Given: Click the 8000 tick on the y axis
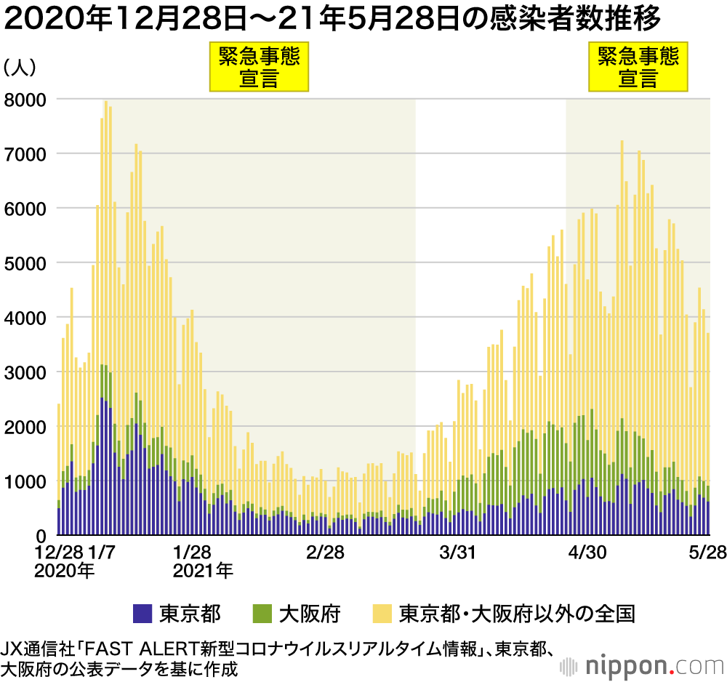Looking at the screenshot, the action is point(25,100).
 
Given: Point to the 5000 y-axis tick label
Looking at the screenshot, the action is point(25,264).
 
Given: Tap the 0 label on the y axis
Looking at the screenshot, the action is point(41,537).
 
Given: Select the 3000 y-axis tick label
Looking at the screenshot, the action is point(25,373).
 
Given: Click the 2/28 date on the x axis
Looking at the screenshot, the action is point(325,552).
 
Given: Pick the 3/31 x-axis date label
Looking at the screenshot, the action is point(457,552).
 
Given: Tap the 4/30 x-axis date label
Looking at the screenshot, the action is point(587,552).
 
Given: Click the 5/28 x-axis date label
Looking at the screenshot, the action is point(707,552).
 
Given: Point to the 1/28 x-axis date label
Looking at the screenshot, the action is point(192,552).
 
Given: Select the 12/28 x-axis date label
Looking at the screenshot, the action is point(59,552).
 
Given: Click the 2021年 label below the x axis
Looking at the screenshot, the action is point(203,570).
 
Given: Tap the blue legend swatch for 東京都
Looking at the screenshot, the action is point(142,614).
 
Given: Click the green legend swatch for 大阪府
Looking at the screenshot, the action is point(262,614).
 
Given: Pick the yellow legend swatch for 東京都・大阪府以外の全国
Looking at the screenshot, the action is point(382,614).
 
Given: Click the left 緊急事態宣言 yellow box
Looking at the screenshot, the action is point(260,67).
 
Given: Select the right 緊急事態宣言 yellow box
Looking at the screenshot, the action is point(638,67).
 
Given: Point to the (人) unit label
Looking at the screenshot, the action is point(20,67).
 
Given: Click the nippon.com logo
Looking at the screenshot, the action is point(643,667).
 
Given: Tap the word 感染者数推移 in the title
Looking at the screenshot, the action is point(575,19).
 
